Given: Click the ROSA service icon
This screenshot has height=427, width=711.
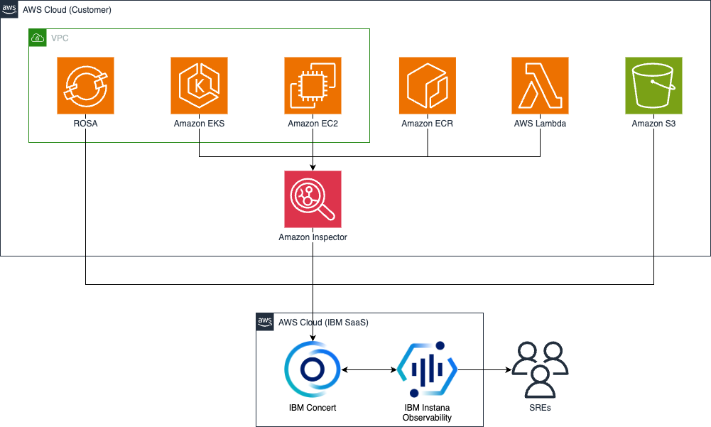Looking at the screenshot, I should pyautogui.click(x=85, y=85).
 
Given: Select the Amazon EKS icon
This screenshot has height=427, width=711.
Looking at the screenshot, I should pyautogui.click(x=199, y=85).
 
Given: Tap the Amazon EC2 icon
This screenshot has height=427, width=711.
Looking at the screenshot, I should pyautogui.click(x=313, y=85).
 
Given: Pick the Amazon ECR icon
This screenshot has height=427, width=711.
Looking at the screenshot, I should pyautogui.click(x=427, y=85).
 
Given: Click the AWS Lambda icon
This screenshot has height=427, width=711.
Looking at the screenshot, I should pyautogui.click(x=540, y=85).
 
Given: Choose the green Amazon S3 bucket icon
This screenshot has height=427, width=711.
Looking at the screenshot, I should pyautogui.click(x=653, y=85).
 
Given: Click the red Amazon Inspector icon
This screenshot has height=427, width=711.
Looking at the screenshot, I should pyautogui.click(x=313, y=199).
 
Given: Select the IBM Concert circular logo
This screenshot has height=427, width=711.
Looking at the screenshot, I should pyautogui.click(x=313, y=370).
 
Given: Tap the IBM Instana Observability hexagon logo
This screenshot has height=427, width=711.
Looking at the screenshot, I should pyautogui.click(x=427, y=370).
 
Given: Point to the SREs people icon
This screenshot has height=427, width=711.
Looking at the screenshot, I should pyautogui.click(x=541, y=370).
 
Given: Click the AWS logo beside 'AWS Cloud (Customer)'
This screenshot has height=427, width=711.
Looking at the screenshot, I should pyautogui.click(x=9, y=9).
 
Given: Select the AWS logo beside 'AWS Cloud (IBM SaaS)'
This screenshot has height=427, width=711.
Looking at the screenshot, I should pyautogui.click(x=265, y=322).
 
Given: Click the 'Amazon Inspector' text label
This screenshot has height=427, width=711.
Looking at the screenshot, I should pyautogui.click(x=313, y=237).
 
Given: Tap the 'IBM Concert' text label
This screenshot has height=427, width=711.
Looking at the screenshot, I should pyautogui.click(x=313, y=408).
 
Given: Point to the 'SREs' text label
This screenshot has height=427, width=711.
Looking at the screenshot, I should pyautogui.click(x=540, y=408).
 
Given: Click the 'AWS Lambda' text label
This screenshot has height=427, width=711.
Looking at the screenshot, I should pyautogui.click(x=540, y=124).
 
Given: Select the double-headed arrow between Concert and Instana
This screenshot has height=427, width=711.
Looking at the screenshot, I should pyautogui.click(x=369, y=370).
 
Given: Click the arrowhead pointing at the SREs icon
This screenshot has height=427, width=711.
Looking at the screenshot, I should pyautogui.click(x=507, y=370).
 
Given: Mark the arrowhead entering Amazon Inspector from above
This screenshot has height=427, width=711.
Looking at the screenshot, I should pyautogui.click(x=313, y=167).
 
